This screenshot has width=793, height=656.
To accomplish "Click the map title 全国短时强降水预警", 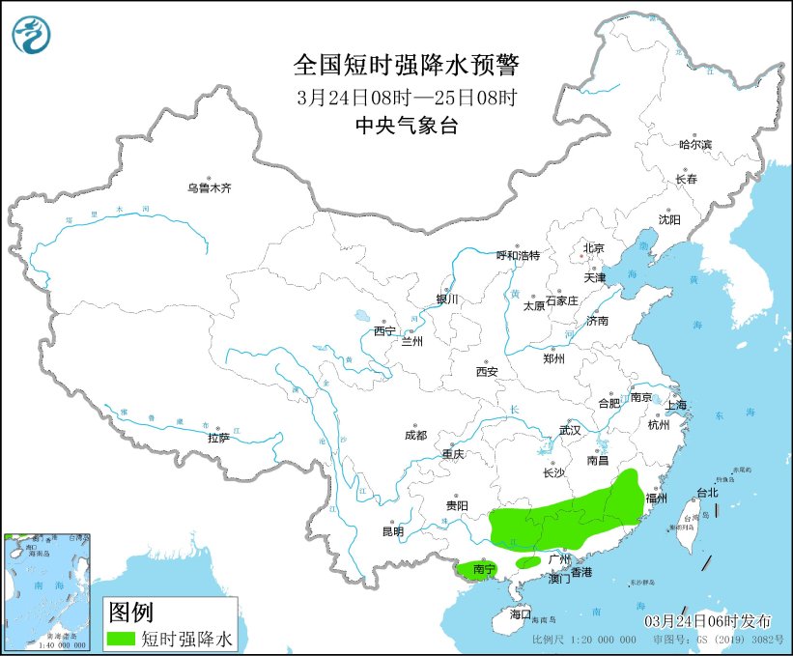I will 406,65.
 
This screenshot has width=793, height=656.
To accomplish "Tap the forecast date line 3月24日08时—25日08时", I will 406,97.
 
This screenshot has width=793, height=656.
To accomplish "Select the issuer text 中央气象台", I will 406,125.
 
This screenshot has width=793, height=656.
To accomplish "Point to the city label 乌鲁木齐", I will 209,187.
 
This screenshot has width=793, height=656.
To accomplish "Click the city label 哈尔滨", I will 694,144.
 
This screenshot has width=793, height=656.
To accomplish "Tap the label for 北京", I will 593,248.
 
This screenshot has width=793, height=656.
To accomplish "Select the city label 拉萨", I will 218,438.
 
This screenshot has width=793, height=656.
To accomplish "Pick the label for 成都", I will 416,435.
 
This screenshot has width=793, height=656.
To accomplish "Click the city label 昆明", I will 393,531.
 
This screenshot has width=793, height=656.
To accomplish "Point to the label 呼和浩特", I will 518,255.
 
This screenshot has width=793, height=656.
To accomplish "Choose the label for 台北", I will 707,493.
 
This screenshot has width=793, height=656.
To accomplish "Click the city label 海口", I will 521,614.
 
